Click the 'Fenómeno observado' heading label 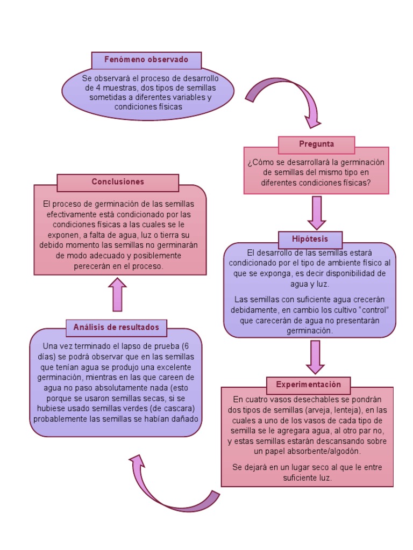[146, 60]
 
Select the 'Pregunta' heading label [316, 144]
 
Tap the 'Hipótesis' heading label [310, 238]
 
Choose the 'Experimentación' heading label [308, 385]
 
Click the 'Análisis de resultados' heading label [116, 327]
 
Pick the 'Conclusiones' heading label [118, 182]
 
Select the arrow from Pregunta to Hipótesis [317, 212]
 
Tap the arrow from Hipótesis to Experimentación [315, 356]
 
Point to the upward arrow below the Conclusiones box [117, 295]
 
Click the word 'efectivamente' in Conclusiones [70, 214]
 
